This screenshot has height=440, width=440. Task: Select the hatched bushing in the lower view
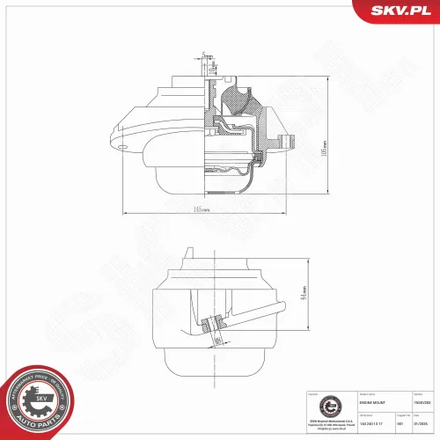coord(210,324)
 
